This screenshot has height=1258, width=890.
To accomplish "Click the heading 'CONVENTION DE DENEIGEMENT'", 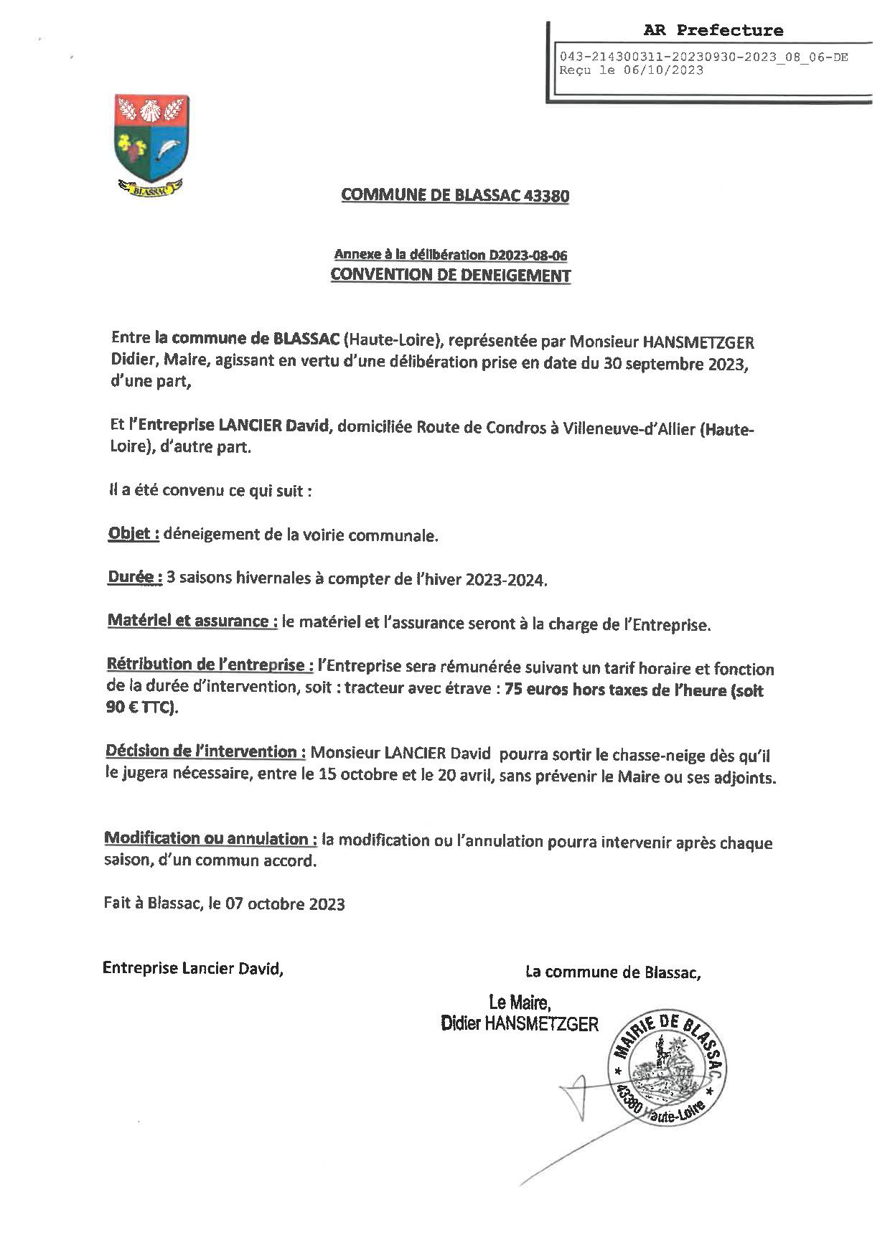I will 450,275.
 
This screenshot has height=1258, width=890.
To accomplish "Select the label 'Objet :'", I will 133,534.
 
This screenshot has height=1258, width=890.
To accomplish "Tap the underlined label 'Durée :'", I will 133,578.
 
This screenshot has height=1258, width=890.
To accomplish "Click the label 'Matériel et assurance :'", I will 192,621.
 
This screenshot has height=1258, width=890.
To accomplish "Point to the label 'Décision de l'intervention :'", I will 206,752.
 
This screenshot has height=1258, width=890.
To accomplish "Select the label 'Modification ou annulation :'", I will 210,839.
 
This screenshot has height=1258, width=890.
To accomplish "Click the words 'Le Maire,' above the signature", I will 519,1003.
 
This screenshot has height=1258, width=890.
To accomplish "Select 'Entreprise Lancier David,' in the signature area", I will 193,968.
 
